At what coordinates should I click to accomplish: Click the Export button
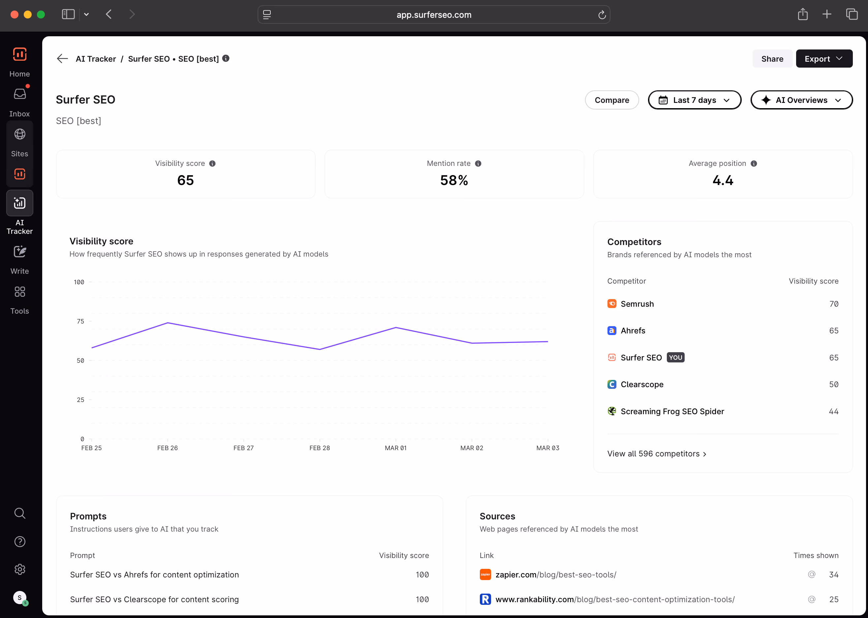824,59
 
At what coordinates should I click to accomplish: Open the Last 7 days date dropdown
695,100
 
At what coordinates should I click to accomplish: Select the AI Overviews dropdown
801,100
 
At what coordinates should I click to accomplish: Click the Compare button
611,100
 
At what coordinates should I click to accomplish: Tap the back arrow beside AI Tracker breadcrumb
62,59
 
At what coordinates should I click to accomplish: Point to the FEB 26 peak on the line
168,323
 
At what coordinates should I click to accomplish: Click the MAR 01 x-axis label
396,448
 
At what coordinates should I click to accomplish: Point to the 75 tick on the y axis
80,321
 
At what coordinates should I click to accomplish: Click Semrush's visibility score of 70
834,304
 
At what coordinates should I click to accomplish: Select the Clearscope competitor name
642,384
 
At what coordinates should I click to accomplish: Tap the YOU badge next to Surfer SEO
675,357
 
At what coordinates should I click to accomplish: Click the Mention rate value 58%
454,180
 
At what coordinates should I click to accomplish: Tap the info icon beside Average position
754,164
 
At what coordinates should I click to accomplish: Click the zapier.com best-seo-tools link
556,574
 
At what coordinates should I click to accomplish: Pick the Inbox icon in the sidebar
20,94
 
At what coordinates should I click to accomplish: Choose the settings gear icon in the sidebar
20,569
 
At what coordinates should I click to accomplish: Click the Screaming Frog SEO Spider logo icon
611,411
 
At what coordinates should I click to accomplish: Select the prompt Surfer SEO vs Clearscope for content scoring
154,599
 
